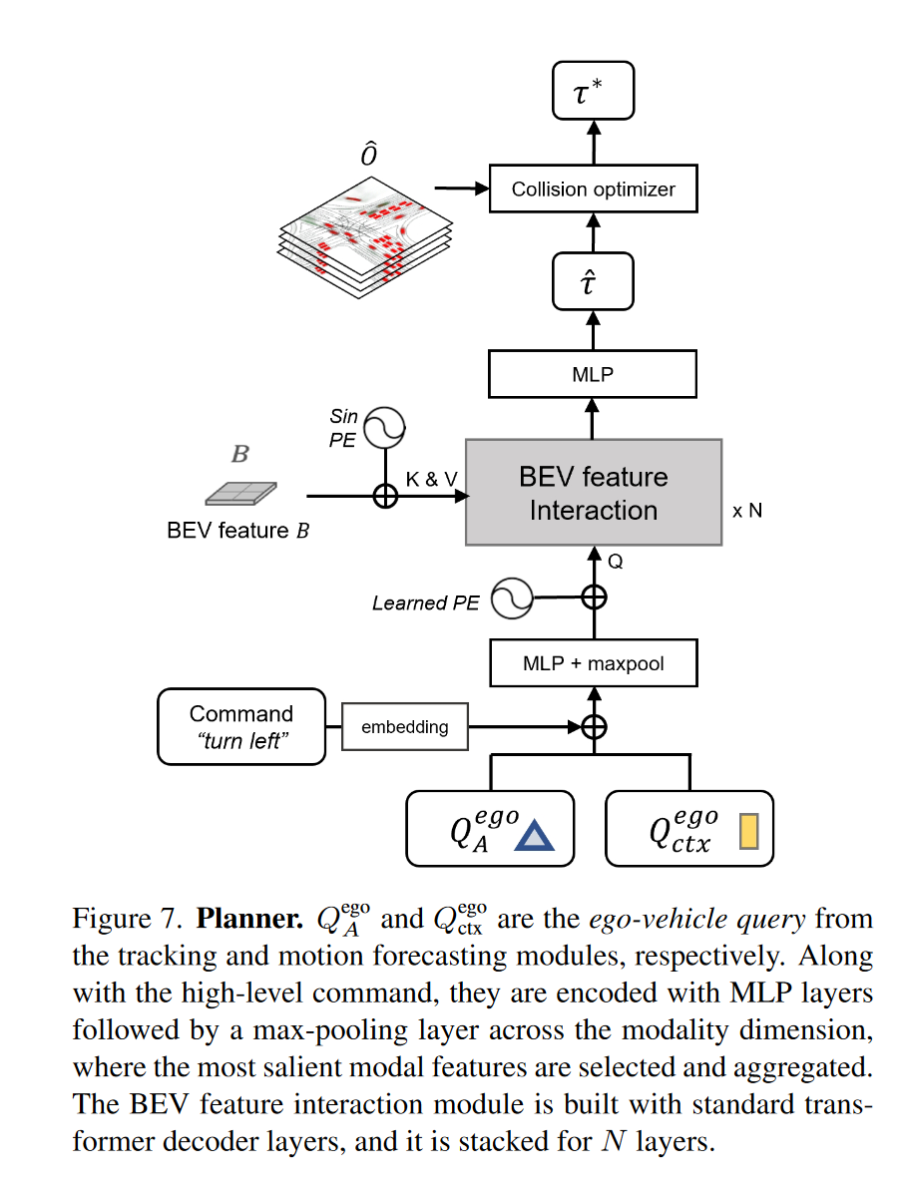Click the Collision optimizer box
[x=593, y=190]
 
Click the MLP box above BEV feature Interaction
[x=593, y=374]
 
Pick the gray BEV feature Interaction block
[x=593, y=493]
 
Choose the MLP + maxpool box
[x=593, y=663]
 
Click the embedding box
[x=404, y=727]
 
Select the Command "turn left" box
[x=241, y=727]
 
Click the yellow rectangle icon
[x=748, y=832]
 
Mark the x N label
[x=746, y=511]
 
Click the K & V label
[x=432, y=480]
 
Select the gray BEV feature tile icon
[x=239, y=493]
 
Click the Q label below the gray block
[x=616, y=562]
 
